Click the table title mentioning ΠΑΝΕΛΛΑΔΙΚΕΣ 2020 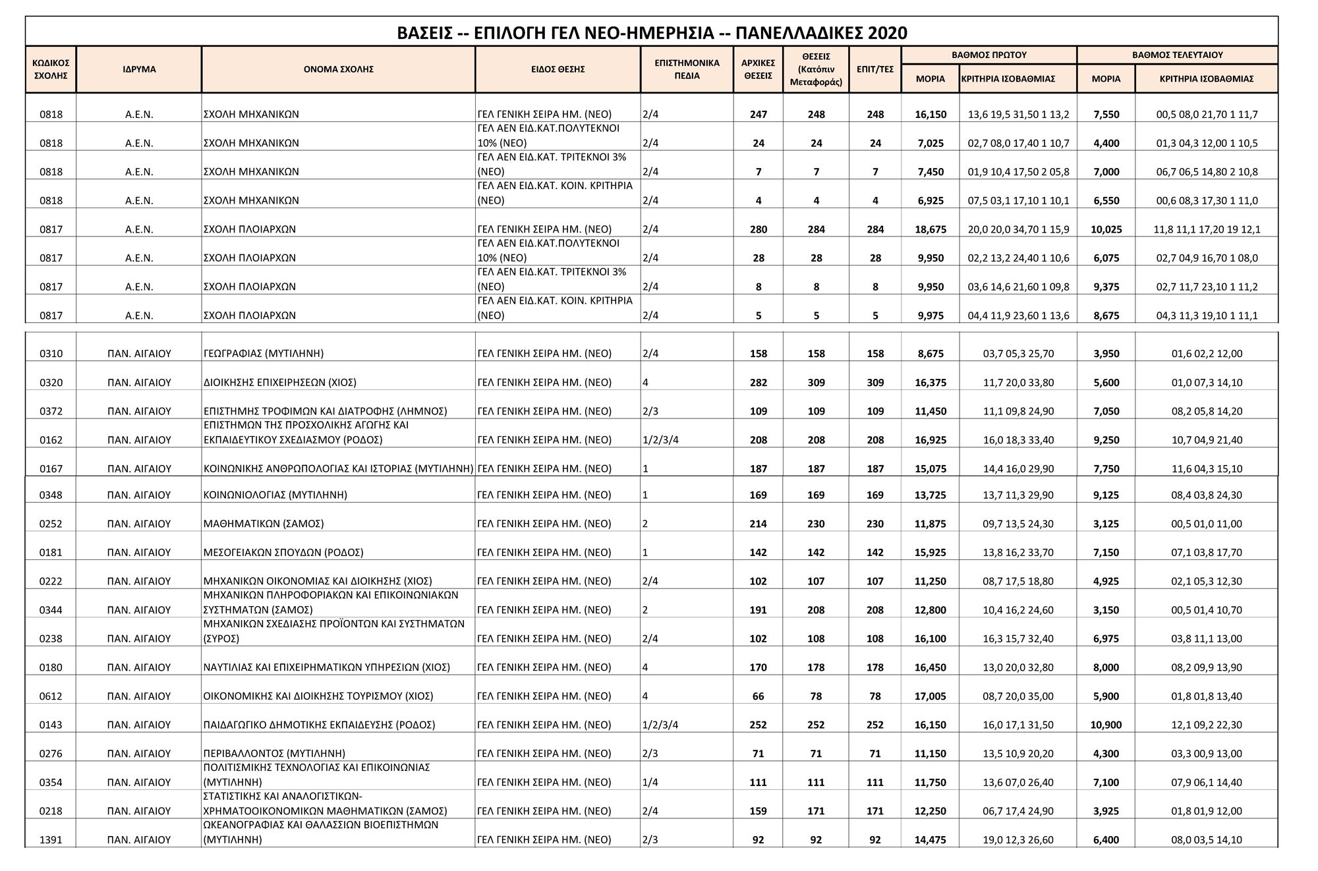pos(652,32)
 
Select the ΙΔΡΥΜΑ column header pos(139,69)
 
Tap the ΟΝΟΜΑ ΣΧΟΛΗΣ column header pos(338,69)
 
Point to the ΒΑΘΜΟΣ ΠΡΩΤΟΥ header pos(988,55)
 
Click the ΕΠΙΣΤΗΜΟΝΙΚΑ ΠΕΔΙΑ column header pos(687,69)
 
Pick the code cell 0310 pos(51,354)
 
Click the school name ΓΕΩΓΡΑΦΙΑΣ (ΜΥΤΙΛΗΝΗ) pos(264,354)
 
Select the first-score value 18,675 pos(930,230)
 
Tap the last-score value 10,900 pos(1106,725)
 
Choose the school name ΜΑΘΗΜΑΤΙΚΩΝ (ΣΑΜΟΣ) pos(264,524)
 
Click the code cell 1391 pos(51,840)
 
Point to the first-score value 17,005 pos(930,696)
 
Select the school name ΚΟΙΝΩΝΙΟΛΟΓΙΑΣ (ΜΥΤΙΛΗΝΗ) pos(275,495)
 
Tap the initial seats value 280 pos(758,230)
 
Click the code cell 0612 pos(51,696)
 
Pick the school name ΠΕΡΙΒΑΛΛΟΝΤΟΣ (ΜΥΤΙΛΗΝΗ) pos(275,754)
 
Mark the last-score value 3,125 pos(1106,524)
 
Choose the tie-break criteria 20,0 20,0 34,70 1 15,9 pos(1018,230)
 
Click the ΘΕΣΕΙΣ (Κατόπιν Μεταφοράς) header pos(816,69)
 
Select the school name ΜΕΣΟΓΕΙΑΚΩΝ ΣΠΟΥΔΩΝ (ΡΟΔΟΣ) pos(283,553)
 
